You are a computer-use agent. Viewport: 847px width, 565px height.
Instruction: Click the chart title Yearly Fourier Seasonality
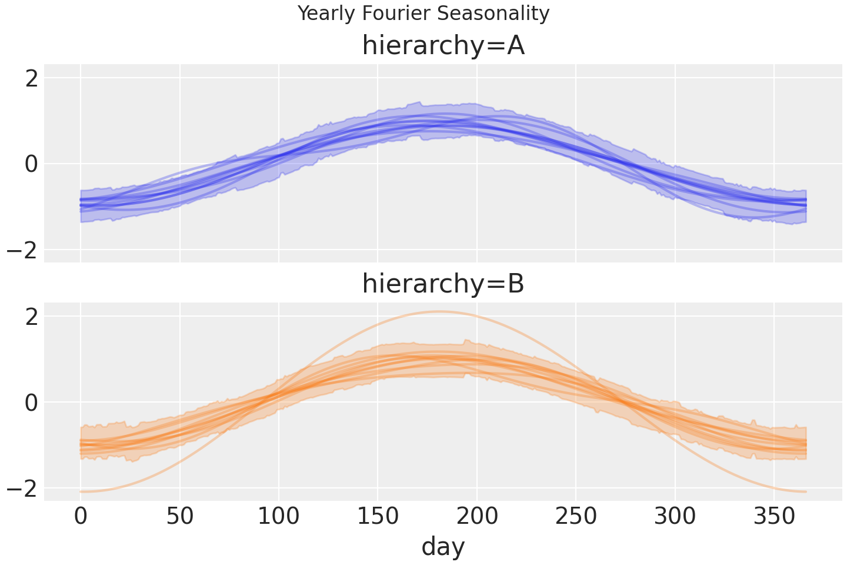click(x=423, y=13)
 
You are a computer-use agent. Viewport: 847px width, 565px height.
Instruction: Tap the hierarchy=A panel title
click(x=443, y=45)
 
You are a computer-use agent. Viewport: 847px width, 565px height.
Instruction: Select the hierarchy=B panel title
click(x=443, y=284)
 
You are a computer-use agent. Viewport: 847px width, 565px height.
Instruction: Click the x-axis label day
click(x=443, y=546)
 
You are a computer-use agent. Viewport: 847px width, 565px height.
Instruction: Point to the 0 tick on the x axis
click(x=81, y=517)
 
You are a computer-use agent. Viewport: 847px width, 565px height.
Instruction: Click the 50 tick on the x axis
click(x=180, y=517)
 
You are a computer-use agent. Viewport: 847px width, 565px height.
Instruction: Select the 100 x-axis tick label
click(x=279, y=517)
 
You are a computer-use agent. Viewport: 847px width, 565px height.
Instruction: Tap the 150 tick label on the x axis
click(x=378, y=517)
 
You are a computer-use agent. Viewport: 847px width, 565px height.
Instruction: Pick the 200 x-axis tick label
click(x=477, y=517)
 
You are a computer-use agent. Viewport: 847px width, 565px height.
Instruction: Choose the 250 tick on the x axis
click(x=576, y=517)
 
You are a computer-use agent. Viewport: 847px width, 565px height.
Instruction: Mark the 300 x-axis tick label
click(x=675, y=517)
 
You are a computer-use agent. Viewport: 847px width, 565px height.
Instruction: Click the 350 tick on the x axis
click(x=774, y=517)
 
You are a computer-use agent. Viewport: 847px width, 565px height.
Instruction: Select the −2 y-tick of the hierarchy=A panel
click(x=24, y=250)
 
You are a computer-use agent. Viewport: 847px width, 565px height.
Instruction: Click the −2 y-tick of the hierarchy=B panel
click(x=24, y=488)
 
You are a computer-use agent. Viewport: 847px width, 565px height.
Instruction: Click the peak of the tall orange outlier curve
click(x=438, y=311)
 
